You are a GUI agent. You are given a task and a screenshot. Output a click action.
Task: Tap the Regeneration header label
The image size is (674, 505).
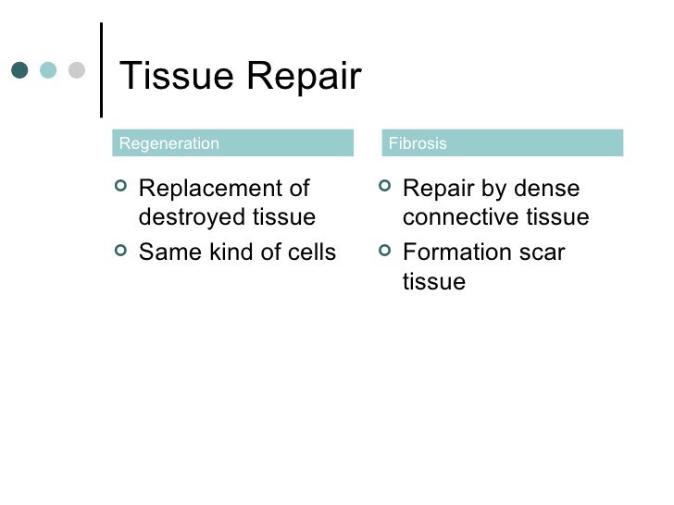[x=169, y=143]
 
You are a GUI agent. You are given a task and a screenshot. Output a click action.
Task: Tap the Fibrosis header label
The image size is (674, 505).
[x=418, y=143]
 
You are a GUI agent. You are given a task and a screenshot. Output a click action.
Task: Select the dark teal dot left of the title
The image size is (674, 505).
[x=19, y=70]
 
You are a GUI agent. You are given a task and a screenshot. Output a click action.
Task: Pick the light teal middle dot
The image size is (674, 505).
[x=48, y=70]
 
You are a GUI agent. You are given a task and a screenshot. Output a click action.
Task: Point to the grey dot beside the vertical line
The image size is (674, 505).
[x=77, y=70]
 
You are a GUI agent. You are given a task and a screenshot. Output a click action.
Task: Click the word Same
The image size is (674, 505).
[x=167, y=252]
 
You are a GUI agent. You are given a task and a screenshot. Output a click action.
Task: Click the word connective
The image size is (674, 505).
[x=458, y=218]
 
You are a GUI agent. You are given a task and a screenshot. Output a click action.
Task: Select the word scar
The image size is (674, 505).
[x=542, y=252]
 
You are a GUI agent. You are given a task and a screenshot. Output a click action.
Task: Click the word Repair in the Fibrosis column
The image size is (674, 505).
[x=437, y=191]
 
